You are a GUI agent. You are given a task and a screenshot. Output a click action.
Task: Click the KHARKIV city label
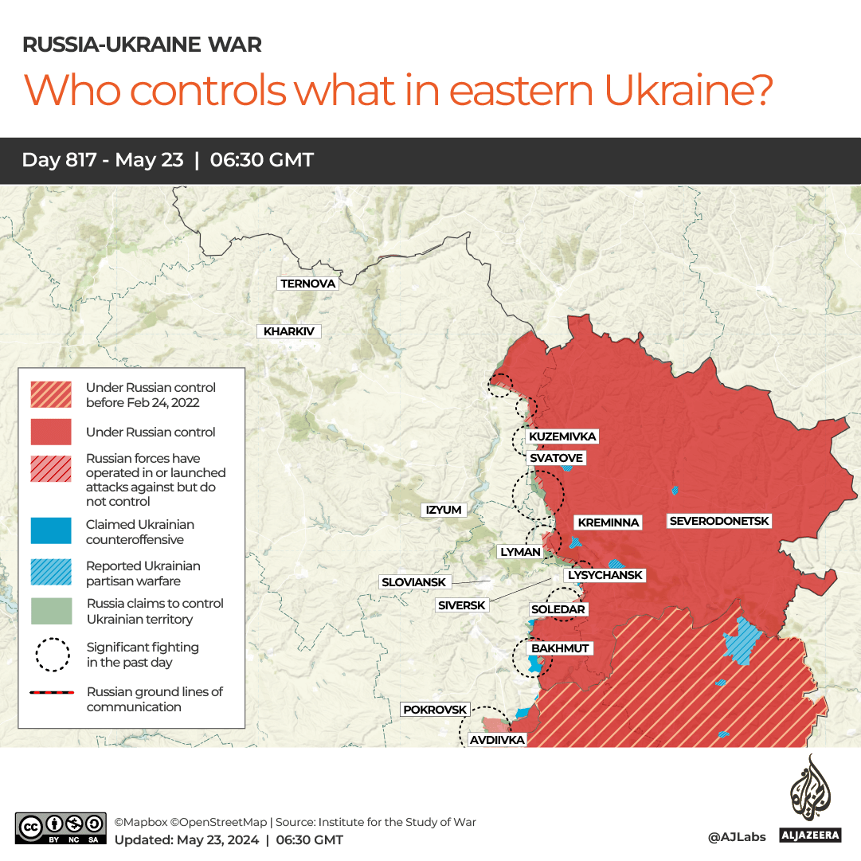tap(288, 331)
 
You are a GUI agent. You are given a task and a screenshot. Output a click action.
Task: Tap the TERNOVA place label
tap(308, 284)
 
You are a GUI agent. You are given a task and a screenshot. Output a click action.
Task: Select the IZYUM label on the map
tap(444, 510)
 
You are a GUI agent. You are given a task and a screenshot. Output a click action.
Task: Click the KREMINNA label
tap(609, 522)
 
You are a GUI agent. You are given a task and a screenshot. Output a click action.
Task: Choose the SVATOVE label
tap(556, 458)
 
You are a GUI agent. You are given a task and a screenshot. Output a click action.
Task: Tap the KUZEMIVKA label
tap(562, 436)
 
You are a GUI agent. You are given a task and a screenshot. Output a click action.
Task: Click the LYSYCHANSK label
tap(605, 575)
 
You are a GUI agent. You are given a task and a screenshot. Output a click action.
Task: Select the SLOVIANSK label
tap(414, 582)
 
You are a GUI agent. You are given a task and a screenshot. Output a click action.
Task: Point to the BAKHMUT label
tap(560, 648)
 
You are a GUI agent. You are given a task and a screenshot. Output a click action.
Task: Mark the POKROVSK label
tap(435, 709)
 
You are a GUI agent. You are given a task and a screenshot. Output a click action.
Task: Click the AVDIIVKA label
tap(497, 740)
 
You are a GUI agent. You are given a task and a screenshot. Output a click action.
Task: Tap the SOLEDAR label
tap(558, 609)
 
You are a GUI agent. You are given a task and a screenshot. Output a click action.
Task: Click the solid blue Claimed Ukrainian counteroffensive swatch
tap(51, 532)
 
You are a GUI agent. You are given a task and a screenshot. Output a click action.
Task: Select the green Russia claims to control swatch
tap(51, 611)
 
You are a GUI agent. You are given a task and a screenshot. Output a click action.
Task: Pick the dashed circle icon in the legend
tap(51, 654)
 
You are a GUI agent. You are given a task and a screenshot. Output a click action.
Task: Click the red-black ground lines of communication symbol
tap(51, 693)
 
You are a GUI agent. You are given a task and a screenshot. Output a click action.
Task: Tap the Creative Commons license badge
tap(61, 828)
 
